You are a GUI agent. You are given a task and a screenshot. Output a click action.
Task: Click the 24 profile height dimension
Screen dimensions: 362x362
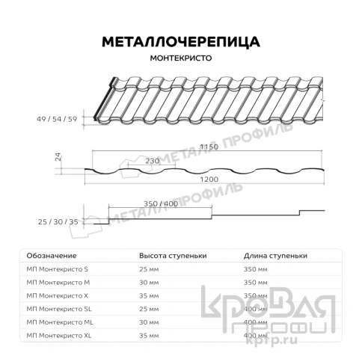coord(57,157)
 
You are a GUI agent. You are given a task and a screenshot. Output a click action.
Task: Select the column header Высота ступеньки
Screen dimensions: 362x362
coord(173,255)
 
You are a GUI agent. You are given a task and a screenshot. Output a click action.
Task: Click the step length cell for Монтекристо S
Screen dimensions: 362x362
coord(257,269)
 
